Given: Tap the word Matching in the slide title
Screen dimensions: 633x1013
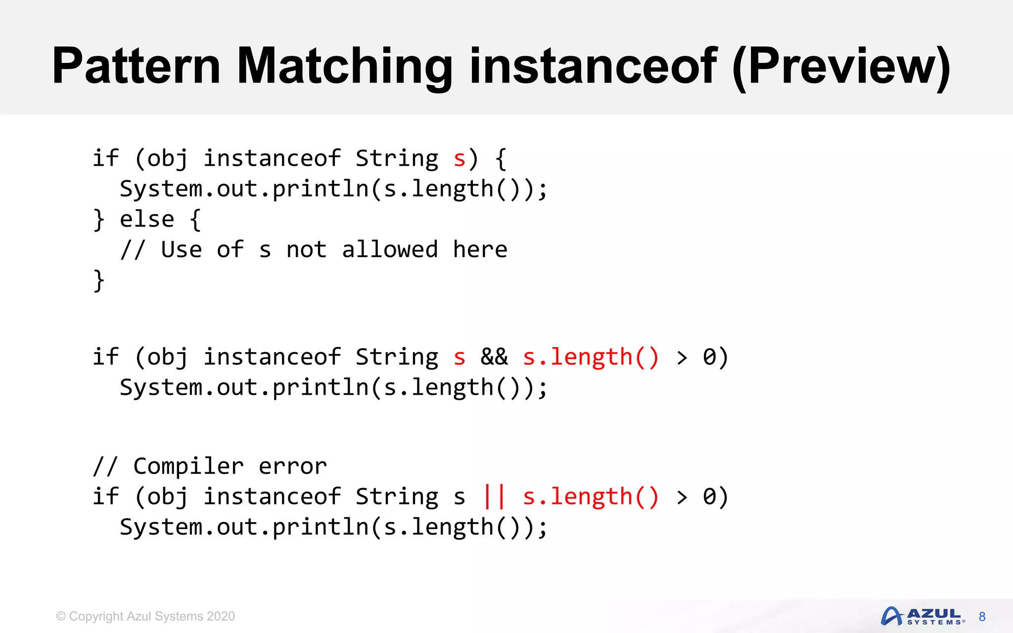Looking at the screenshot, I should (x=344, y=67).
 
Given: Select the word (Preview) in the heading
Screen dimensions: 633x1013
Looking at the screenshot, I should (x=841, y=67).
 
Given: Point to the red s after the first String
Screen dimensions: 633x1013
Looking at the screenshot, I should (x=459, y=159).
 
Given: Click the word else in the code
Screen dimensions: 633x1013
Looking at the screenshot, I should (x=147, y=219).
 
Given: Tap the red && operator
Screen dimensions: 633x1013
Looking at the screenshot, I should (x=494, y=357).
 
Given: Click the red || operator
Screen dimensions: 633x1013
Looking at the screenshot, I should (x=494, y=497).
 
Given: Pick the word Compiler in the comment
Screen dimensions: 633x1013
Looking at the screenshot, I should (x=188, y=466).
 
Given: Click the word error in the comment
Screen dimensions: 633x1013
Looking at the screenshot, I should (x=292, y=466).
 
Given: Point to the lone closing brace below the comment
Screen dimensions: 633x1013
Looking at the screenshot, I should (x=99, y=280).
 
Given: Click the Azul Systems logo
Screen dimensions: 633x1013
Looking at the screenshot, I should (x=922, y=616).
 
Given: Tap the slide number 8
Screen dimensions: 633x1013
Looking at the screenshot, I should (x=982, y=617).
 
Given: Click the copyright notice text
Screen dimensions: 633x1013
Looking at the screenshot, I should (x=145, y=616).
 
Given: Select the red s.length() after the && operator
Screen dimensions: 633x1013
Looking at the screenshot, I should (x=591, y=357).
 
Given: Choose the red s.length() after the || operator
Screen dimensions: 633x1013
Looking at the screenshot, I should (x=591, y=497).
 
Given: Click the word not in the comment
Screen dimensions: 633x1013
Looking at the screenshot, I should (x=306, y=249).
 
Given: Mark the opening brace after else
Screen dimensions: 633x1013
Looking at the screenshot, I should (x=195, y=219).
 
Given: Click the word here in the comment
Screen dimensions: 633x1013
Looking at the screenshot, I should (x=480, y=249).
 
